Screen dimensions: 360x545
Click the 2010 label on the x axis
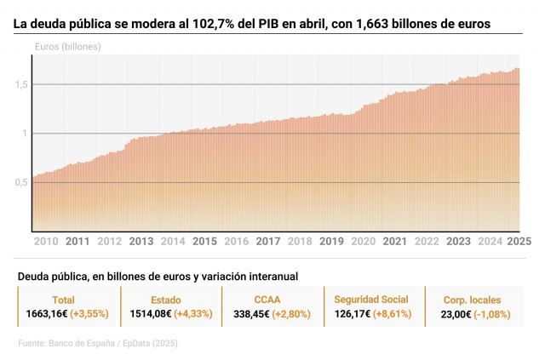click(x=45, y=241)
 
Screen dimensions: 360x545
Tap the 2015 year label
click(x=204, y=241)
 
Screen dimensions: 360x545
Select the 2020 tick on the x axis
click(x=364, y=241)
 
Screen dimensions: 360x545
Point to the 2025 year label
click(x=519, y=241)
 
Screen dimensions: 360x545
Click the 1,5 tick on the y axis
click(x=22, y=84)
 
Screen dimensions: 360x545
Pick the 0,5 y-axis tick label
click(x=22, y=182)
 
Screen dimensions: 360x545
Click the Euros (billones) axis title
click(x=68, y=46)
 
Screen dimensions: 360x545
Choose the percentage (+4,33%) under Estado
click(x=192, y=314)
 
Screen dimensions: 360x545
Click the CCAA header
click(x=267, y=300)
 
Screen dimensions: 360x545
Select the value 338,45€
click(x=254, y=314)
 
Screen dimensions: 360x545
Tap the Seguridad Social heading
click(x=371, y=300)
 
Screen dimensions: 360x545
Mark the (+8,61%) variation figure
click(x=395, y=314)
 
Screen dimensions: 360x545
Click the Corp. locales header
click(x=473, y=300)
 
